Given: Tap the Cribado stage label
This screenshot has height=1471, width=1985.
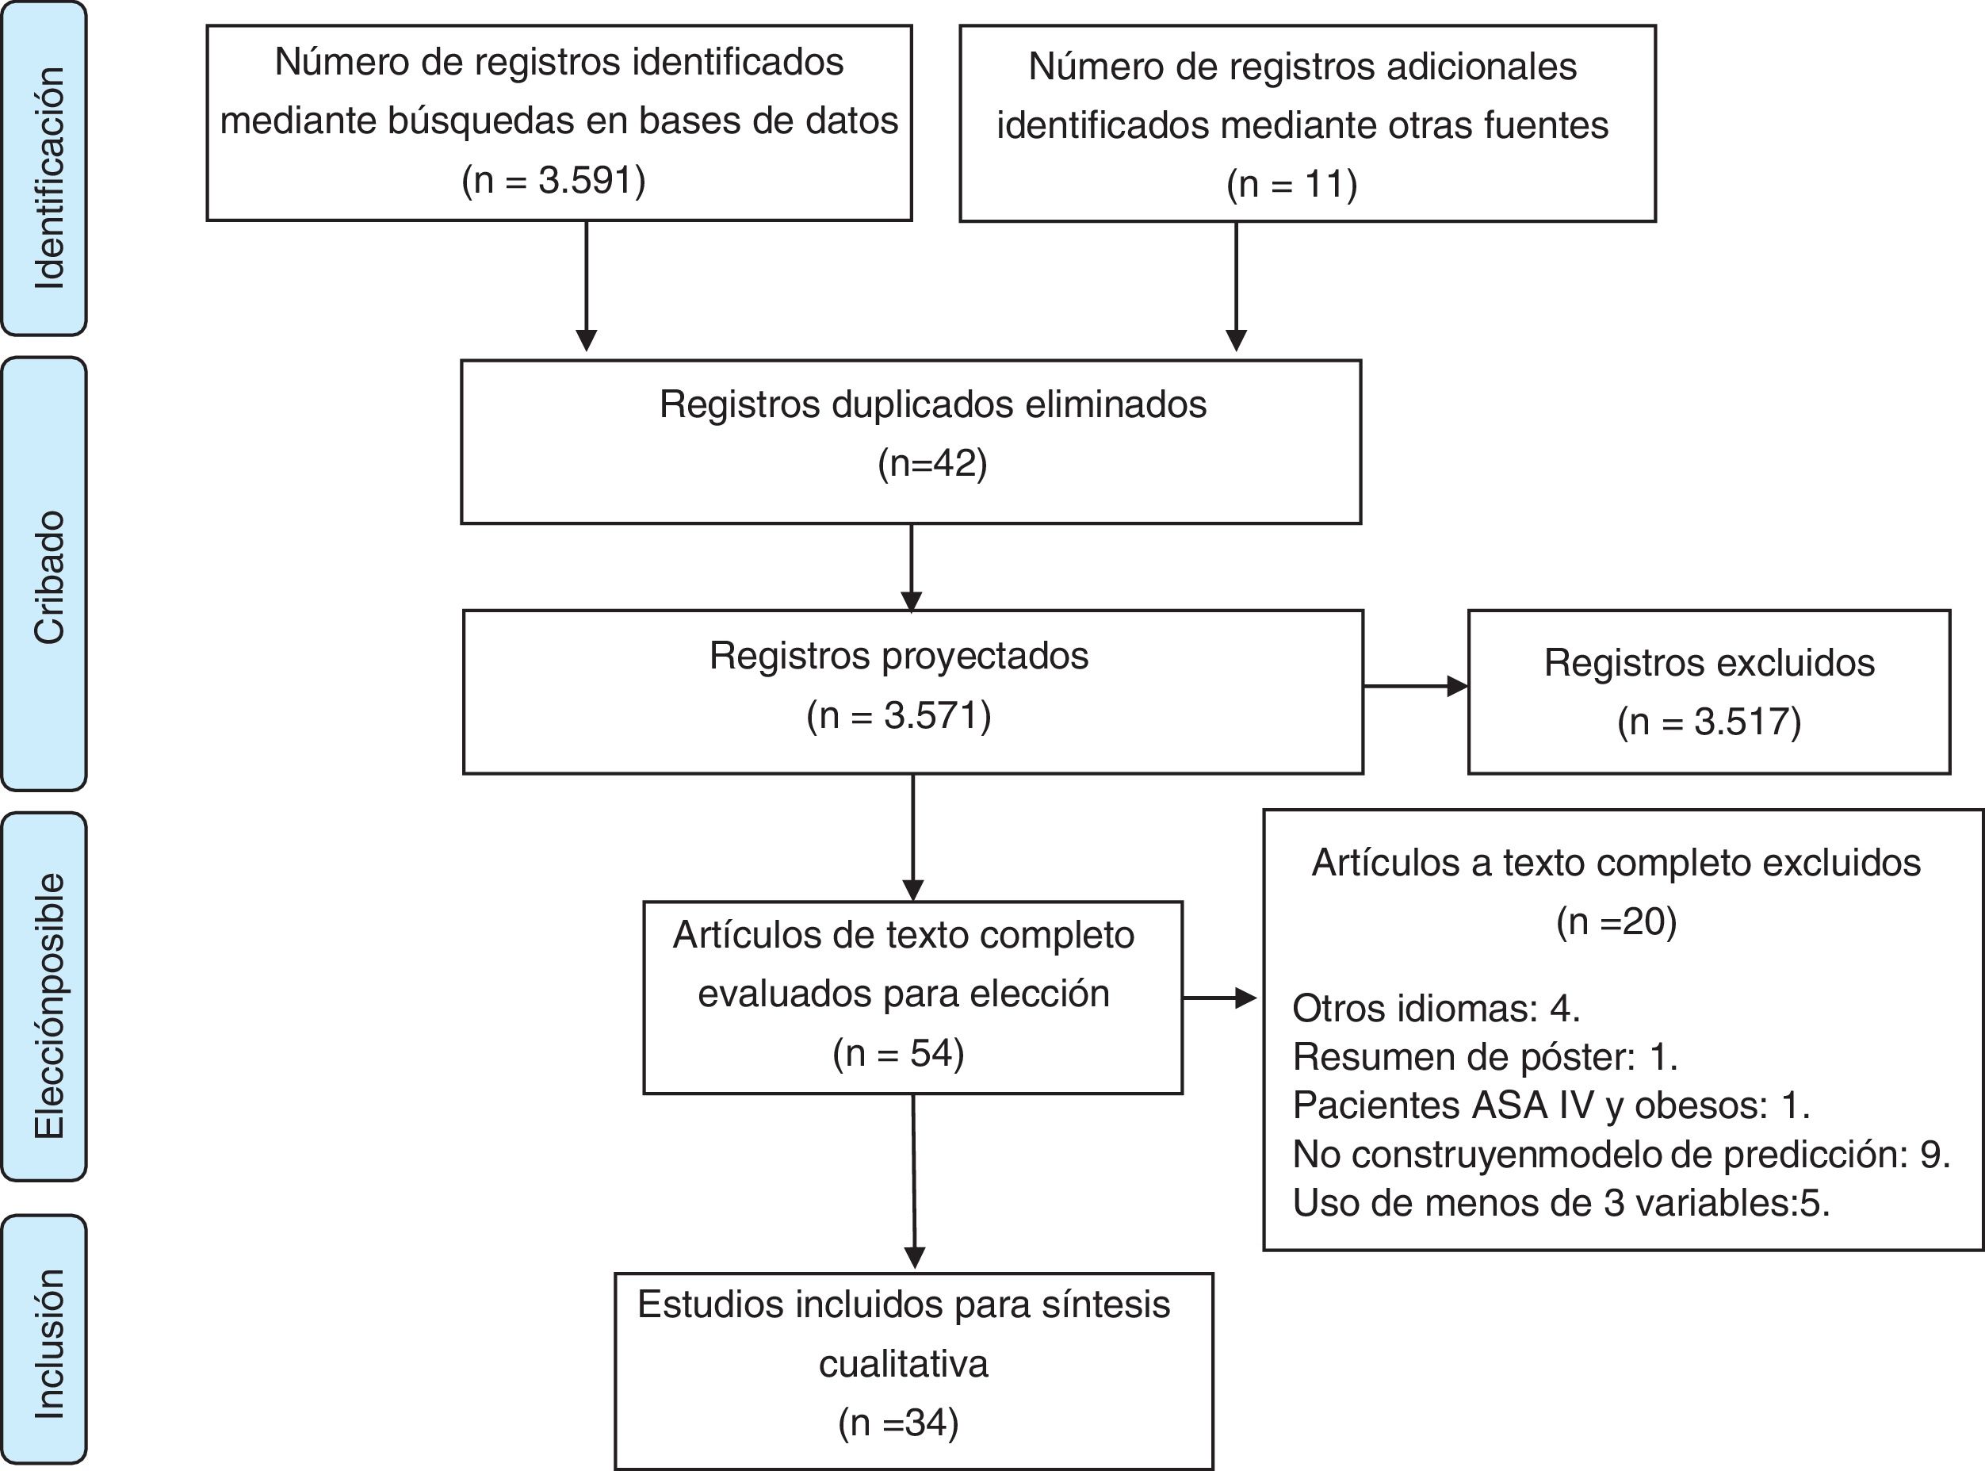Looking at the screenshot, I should [x=49, y=577].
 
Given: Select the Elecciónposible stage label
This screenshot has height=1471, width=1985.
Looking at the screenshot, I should [x=49, y=1006].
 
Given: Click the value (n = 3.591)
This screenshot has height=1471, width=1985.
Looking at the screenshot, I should [x=553, y=180].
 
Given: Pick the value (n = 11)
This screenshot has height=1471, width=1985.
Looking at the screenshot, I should [x=1291, y=184].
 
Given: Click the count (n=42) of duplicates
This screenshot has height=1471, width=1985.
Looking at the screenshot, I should [x=932, y=463].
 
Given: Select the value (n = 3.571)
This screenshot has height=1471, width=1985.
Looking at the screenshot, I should [x=898, y=715].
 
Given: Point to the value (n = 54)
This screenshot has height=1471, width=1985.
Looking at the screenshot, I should [x=898, y=1053].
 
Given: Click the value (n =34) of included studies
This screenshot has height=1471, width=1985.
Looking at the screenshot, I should [x=898, y=1422].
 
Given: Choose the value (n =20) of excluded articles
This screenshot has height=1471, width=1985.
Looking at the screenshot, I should [x=1616, y=921].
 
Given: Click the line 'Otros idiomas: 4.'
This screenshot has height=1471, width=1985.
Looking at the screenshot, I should [x=1436, y=1008].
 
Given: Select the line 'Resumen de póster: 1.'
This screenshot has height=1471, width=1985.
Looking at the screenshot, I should [x=1485, y=1057].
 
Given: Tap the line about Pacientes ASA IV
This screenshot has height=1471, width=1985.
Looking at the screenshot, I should [x=1551, y=1105].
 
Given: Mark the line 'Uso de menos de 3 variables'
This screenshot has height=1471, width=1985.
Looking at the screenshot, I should [x=1560, y=1203].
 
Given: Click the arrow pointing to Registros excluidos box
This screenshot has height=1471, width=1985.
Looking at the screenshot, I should [x=1414, y=686].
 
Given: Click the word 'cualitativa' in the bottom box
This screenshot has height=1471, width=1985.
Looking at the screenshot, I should [x=903, y=1363].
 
